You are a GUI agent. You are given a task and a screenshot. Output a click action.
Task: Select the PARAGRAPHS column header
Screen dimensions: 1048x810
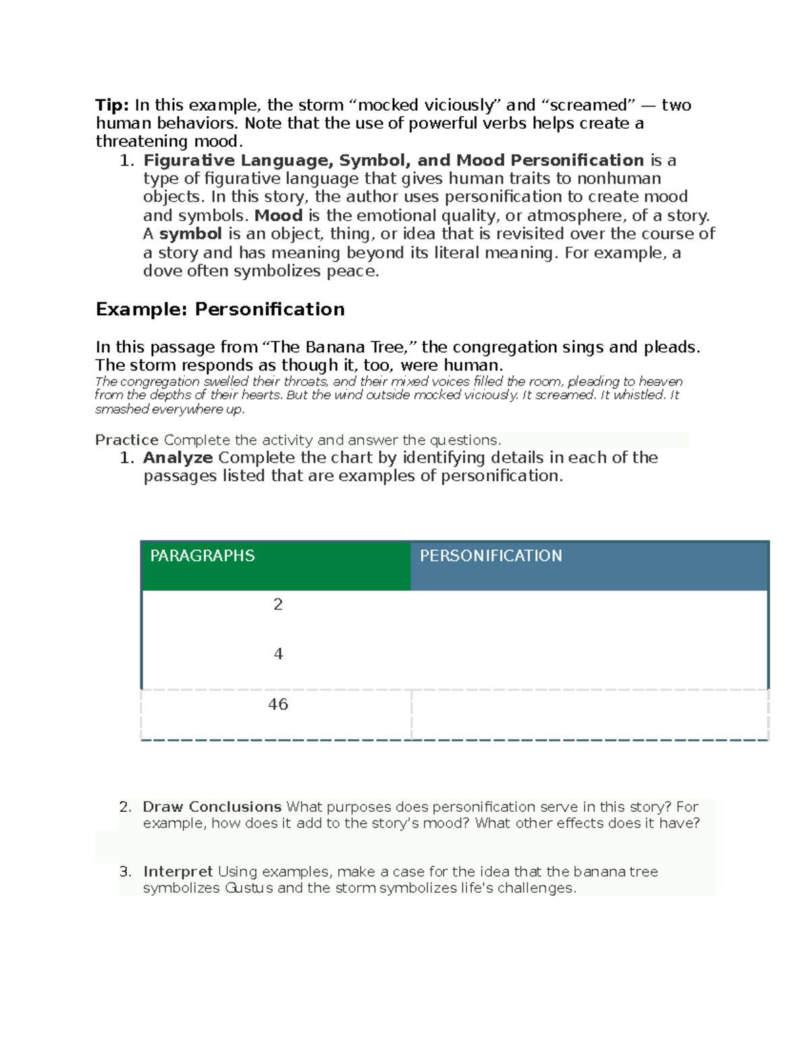point(202,556)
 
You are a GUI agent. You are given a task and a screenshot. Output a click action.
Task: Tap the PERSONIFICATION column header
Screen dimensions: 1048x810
point(491,556)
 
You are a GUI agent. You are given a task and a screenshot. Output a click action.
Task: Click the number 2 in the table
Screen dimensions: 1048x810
point(277,605)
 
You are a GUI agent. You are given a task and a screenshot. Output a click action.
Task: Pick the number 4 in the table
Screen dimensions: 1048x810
point(277,654)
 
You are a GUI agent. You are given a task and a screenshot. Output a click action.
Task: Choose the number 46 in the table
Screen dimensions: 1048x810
point(277,705)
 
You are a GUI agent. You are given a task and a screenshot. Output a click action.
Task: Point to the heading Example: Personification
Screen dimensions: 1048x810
point(220,309)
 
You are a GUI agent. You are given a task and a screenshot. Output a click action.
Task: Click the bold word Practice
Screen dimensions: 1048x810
point(127,440)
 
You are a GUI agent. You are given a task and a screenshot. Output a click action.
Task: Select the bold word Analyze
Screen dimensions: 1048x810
point(178,458)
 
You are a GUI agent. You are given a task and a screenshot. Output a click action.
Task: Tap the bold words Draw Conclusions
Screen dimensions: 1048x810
point(212,807)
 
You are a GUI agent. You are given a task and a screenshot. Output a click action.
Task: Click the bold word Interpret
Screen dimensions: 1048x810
point(178,872)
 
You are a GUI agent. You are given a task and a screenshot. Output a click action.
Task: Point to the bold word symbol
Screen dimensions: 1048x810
point(190,234)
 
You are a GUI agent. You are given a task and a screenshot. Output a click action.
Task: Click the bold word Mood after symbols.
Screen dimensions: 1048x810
point(278,216)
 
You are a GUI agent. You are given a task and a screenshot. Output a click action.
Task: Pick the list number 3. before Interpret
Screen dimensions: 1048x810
point(125,872)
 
